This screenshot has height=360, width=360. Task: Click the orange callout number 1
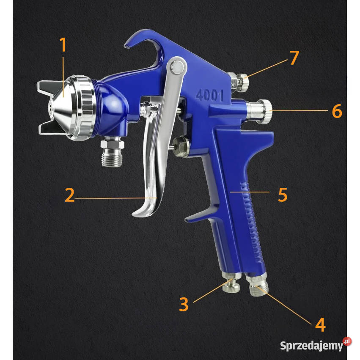(63, 44)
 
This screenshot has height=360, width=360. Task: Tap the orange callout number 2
(70, 195)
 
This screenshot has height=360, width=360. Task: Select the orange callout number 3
(184, 304)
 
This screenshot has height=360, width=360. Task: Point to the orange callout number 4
(321, 324)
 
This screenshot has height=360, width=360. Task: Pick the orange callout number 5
(283, 195)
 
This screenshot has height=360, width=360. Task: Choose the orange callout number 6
(337, 111)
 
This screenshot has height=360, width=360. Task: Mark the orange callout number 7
(294, 58)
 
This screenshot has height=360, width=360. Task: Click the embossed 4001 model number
(209, 96)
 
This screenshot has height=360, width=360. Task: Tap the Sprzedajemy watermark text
(311, 346)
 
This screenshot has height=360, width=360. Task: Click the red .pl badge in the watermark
(347, 341)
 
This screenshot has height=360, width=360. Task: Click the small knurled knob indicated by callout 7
(243, 82)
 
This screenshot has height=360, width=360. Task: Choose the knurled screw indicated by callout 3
(231, 283)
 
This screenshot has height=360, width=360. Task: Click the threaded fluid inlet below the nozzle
(112, 151)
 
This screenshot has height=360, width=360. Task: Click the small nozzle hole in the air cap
(50, 107)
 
